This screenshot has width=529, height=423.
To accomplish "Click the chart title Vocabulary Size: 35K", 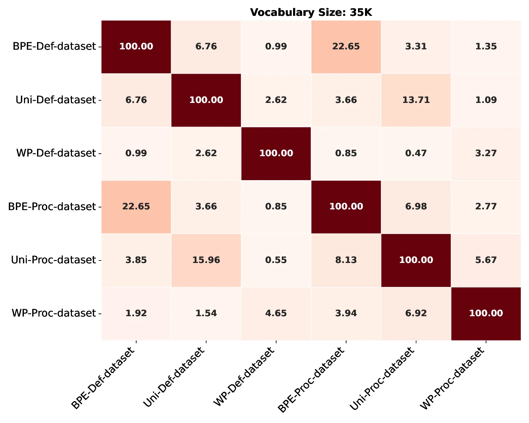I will pyautogui.click(x=311, y=13).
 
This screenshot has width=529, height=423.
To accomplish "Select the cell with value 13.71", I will pyautogui.click(x=416, y=100).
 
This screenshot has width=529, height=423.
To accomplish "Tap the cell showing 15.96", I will pyautogui.click(x=206, y=260).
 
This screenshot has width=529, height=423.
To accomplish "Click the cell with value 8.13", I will pyautogui.click(x=346, y=260).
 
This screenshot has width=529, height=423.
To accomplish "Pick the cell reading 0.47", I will pyautogui.click(x=416, y=153).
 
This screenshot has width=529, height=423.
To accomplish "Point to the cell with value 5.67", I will pyautogui.click(x=486, y=260).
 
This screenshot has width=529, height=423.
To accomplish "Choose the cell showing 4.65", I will pyautogui.click(x=276, y=313).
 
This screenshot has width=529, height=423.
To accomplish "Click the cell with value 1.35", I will pyautogui.click(x=486, y=47).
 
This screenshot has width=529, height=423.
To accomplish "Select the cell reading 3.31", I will pyautogui.click(x=416, y=47).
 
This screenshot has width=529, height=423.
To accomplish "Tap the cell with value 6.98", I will pyautogui.click(x=416, y=207).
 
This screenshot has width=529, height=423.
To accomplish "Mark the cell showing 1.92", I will pyautogui.click(x=136, y=313).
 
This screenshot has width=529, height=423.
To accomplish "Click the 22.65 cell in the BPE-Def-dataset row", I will pyautogui.click(x=346, y=47).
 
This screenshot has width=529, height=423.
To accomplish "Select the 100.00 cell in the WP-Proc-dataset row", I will pyautogui.click(x=486, y=313).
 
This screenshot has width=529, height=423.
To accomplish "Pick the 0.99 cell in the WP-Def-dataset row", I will pyautogui.click(x=136, y=153).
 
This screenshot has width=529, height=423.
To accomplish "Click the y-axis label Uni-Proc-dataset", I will pyautogui.click(x=54, y=260).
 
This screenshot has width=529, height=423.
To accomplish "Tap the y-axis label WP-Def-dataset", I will pyautogui.click(x=56, y=153).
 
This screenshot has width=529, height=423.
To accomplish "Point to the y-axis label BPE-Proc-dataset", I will pyautogui.click(x=52, y=207).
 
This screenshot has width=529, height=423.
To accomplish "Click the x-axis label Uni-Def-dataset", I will pyautogui.click(x=175, y=379).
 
